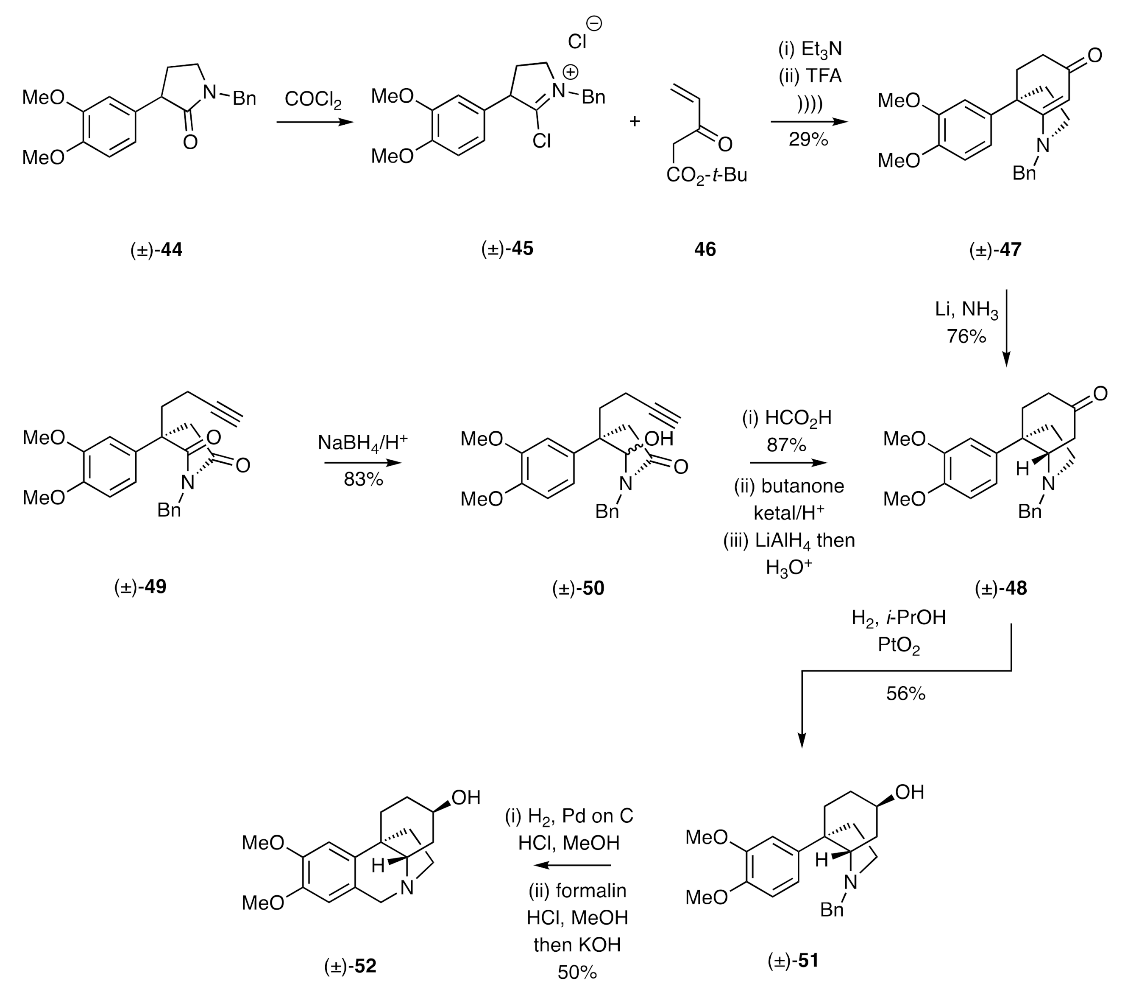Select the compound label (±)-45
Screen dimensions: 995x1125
click(507, 249)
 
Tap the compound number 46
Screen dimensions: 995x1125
click(705, 250)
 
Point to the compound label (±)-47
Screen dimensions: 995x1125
click(995, 250)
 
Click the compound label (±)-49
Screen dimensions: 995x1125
click(140, 587)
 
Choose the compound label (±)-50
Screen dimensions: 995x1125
click(578, 588)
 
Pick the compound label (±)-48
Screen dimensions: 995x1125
click(1001, 588)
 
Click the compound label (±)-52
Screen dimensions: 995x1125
click(350, 966)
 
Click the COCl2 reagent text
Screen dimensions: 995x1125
click(313, 100)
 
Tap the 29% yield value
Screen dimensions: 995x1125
click(808, 140)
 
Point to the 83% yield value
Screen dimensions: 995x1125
click(363, 480)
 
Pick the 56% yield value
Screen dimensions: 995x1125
click(906, 694)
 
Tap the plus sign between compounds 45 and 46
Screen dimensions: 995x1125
click(635, 121)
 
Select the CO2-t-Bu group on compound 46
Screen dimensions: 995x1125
click(706, 176)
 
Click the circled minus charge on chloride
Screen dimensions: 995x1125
click(595, 23)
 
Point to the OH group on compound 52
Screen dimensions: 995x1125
click(466, 797)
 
